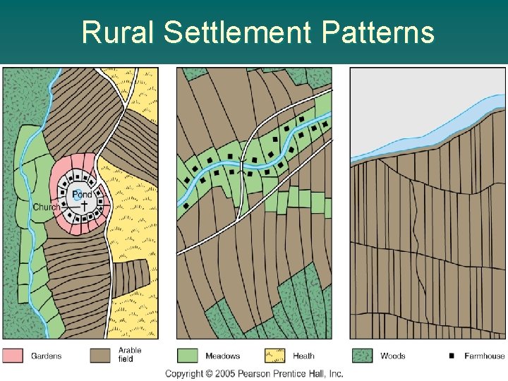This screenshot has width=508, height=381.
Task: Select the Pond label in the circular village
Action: click(x=82, y=194)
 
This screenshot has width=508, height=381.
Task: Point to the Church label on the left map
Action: click(x=47, y=207)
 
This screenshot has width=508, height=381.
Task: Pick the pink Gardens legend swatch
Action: click(x=13, y=355)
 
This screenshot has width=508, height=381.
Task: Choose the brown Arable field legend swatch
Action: click(x=100, y=355)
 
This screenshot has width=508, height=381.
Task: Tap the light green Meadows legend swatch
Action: click(x=188, y=355)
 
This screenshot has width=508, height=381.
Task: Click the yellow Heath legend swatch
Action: click(x=274, y=355)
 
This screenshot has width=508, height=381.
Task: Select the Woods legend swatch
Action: click(x=362, y=355)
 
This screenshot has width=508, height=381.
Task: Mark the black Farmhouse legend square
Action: click(x=452, y=356)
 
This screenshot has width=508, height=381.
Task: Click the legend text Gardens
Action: click(x=46, y=356)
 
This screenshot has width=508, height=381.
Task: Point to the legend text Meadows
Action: click(x=222, y=356)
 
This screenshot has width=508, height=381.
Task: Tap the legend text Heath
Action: click(x=303, y=356)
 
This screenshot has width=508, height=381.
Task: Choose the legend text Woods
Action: click(x=392, y=356)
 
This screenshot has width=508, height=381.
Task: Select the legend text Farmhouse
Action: click(x=485, y=356)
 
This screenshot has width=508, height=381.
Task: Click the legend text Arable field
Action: click(x=130, y=354)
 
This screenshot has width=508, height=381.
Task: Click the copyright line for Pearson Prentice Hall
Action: click(x=254, y=373)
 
